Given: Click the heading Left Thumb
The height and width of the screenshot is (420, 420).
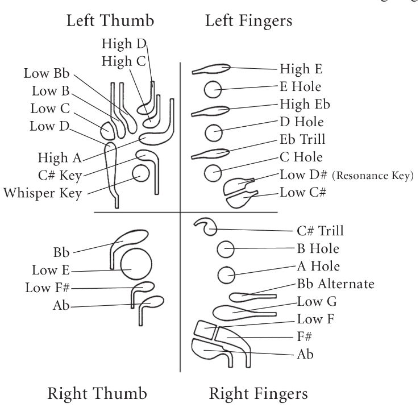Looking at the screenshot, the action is (x=110, y=20).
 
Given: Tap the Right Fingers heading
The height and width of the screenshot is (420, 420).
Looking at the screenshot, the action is (x=258, y=394).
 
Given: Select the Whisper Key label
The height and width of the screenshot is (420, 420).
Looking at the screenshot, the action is (x=42, y=193).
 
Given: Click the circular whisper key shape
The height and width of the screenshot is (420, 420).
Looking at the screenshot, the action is (x=140, y=173).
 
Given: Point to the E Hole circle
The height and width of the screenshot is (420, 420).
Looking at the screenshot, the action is (x=213, y=89).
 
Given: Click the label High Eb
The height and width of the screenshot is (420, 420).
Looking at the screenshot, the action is (x=305, y=104).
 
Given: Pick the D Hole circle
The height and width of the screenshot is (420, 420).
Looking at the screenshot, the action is (x=214, y=132).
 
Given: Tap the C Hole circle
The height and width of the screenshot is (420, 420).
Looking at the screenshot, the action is (x=213, y=173).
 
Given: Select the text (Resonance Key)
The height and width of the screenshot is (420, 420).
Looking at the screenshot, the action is (x=373, y=176).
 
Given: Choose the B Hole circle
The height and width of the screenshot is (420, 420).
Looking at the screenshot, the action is (x=226, y=249).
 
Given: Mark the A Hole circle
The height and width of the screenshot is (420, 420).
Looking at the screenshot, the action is (x=226, y=275).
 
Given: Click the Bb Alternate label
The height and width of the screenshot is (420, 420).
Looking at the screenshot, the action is (x=336, y=284).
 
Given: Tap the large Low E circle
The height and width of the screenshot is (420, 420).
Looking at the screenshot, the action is (x=136, y=264).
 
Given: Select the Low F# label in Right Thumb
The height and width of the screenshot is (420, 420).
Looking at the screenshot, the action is (x=47, y=288).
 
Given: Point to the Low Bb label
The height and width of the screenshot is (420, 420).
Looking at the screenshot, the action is (x=47, y=73).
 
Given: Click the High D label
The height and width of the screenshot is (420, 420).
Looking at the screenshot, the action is (x=124, y=44).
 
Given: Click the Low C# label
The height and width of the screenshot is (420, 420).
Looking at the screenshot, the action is (x=303, y=192).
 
